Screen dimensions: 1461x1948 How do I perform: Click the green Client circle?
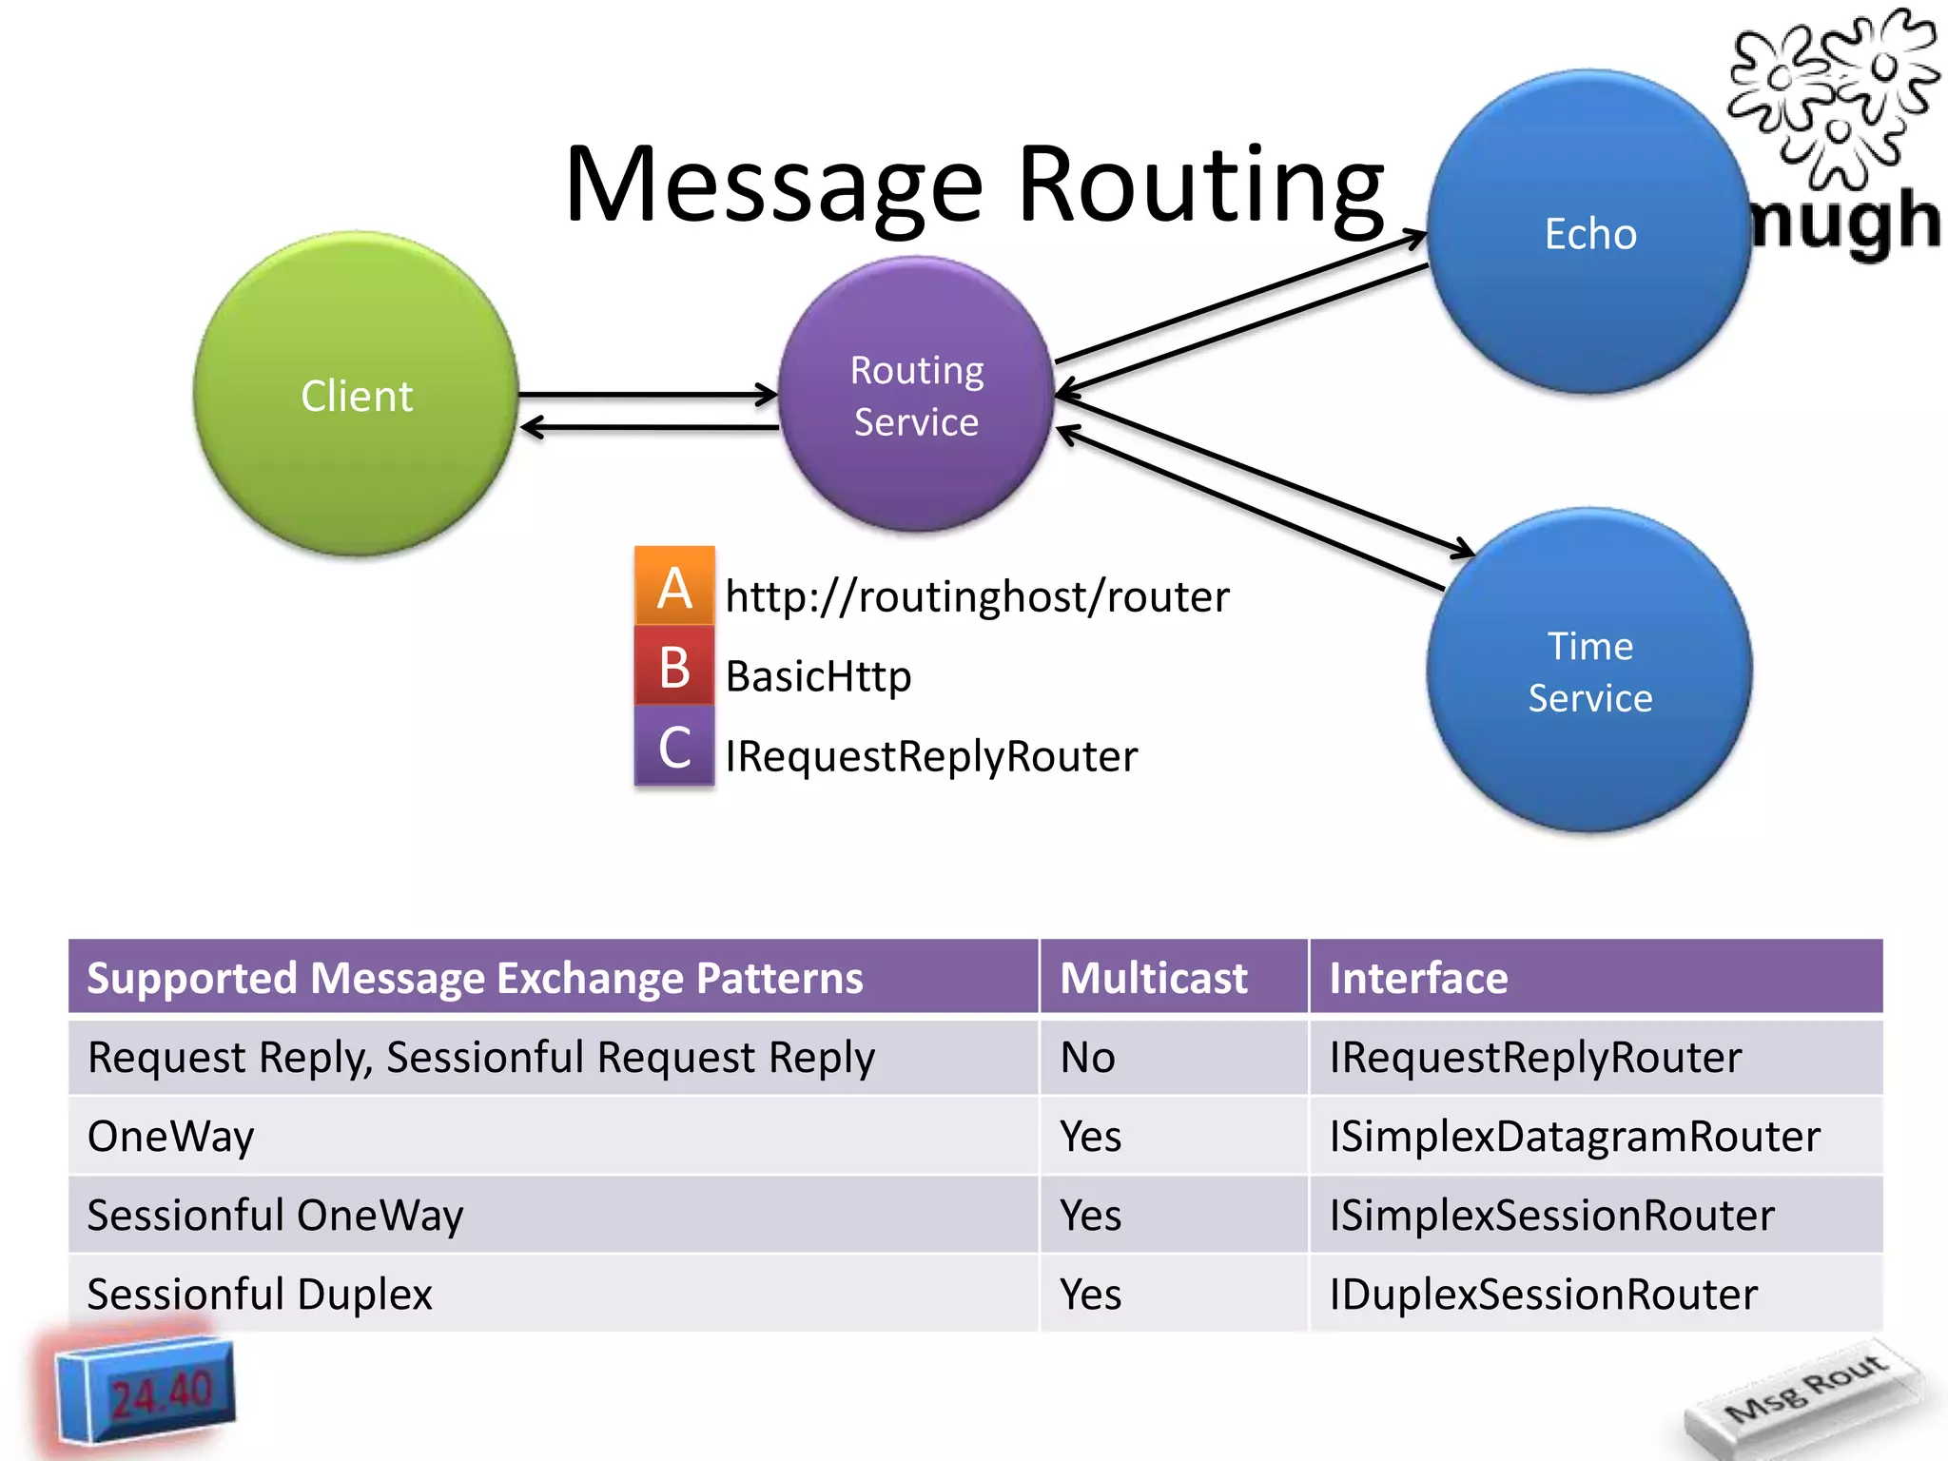point(356,394)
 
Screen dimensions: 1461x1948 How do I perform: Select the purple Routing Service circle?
point(916,395)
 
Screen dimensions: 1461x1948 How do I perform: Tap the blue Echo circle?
point(1589,233)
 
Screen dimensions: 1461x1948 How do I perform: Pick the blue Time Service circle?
point(1589,672)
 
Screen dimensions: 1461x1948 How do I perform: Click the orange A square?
point(674,586)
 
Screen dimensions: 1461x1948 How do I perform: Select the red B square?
point(674,667)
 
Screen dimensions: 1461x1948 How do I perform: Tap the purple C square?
point(674,747)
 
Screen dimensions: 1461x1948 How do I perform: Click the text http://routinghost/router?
point(977,597)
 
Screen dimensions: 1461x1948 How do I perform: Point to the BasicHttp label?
point(818,677)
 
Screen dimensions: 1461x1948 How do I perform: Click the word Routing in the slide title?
point(1200,185)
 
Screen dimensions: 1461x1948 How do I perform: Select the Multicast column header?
point(1153,978)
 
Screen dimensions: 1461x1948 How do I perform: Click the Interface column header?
point(1418,978)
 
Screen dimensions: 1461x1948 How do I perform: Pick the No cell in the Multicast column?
point(1087,1058)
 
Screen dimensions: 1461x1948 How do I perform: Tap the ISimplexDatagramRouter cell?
point(1574,1137)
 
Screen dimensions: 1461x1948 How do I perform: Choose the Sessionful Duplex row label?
point(260,1295)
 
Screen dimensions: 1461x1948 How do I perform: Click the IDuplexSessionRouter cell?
point(1543,1295)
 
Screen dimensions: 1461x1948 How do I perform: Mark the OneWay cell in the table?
point(171,1137)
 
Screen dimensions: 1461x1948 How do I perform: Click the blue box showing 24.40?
point(145,1392)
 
